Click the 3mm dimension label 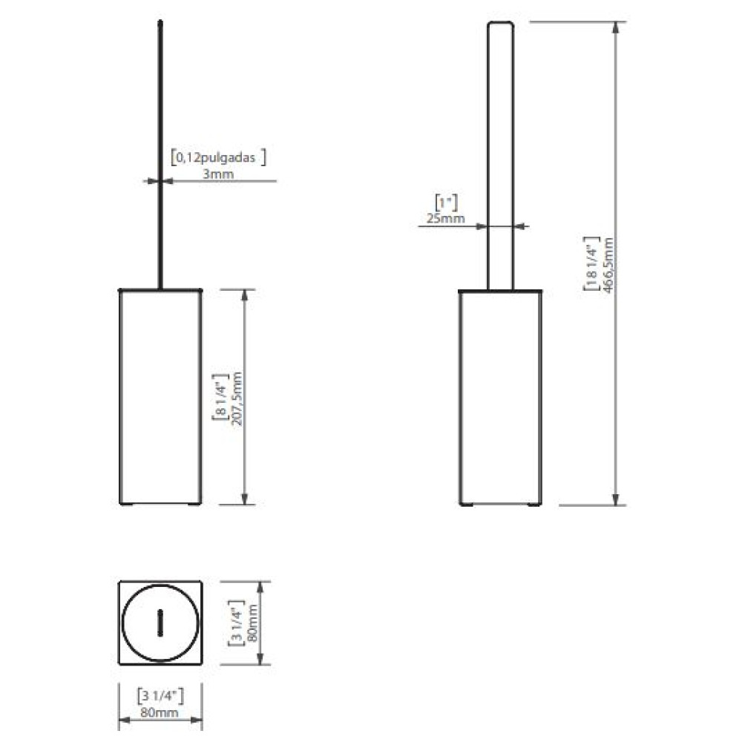click(218, 174)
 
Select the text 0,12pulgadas click(216, 157)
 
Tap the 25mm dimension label click(445, 218)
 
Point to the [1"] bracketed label click(446, 203)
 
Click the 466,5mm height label click(608, 266)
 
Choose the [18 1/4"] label click(591, 263)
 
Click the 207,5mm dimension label click(237, 399)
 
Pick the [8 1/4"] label click(221, 396)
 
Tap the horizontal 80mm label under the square click(160, 712)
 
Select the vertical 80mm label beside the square click(253, 623)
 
